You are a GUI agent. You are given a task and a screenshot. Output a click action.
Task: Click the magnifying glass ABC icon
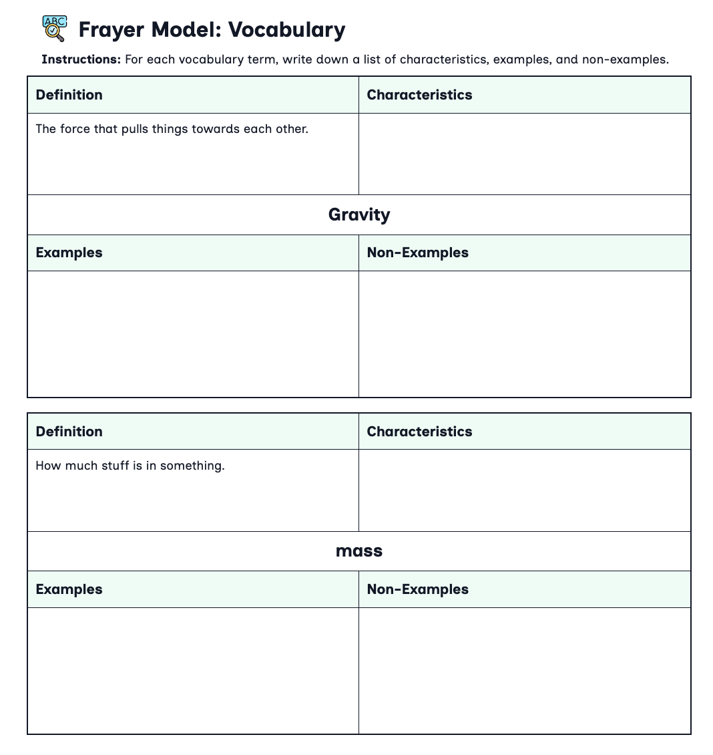pyautogui.click(x=54, y=29)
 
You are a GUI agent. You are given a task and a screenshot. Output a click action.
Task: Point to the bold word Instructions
pyautogui.click(x=81, y=59)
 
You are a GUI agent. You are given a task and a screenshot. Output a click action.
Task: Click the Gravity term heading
pyautogui.click(x=359, y=214)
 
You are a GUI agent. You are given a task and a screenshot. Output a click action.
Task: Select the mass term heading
pyautogui.click(x=359, y=551)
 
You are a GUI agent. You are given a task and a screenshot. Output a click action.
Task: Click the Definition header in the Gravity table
pyautogui.click(x=69, y=95)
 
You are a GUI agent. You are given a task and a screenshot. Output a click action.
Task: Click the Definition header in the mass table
pyautogui.click(x=69, y=432)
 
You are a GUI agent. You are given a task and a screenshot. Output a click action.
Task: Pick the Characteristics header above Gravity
pyautogui.click(x=419, y=95)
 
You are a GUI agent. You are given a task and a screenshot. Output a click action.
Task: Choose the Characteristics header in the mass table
pyautogui.click(x=419, y=432)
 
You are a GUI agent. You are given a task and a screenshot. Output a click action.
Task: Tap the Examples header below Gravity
pyautogui.click(x=69, y=253)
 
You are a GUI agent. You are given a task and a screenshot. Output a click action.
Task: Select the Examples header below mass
pyautogui.click(x=69, y=589)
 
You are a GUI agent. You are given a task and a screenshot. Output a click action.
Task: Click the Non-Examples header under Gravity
pyautogui.click(x=418, y=253)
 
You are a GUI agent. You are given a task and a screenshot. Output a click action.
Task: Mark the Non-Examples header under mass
pyautogui.click(x=418, y=589)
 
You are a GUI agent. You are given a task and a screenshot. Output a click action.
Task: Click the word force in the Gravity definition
pyautogui.click(x=75, y=129)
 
